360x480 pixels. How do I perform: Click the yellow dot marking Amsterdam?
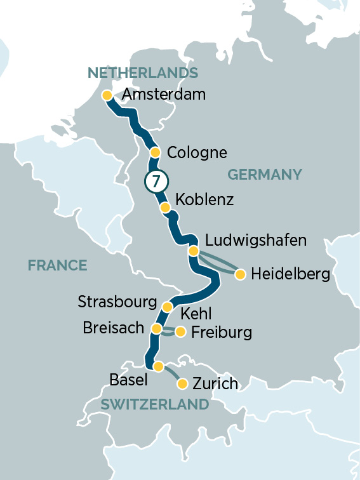107,95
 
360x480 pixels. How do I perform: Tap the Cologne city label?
197,153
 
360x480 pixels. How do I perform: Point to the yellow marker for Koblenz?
165,208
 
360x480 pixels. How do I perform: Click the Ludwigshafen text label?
256,241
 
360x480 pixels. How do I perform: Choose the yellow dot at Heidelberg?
240,274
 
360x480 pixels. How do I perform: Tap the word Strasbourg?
117,302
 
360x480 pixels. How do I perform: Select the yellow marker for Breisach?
156,328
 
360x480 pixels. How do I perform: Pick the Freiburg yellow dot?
180,331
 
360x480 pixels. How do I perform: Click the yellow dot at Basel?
159,366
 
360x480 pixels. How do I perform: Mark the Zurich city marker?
182,383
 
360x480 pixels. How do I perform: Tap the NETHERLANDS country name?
143,73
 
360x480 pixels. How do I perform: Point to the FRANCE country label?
57,265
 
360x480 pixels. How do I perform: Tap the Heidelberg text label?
290,274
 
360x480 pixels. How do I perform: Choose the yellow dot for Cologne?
155,152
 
